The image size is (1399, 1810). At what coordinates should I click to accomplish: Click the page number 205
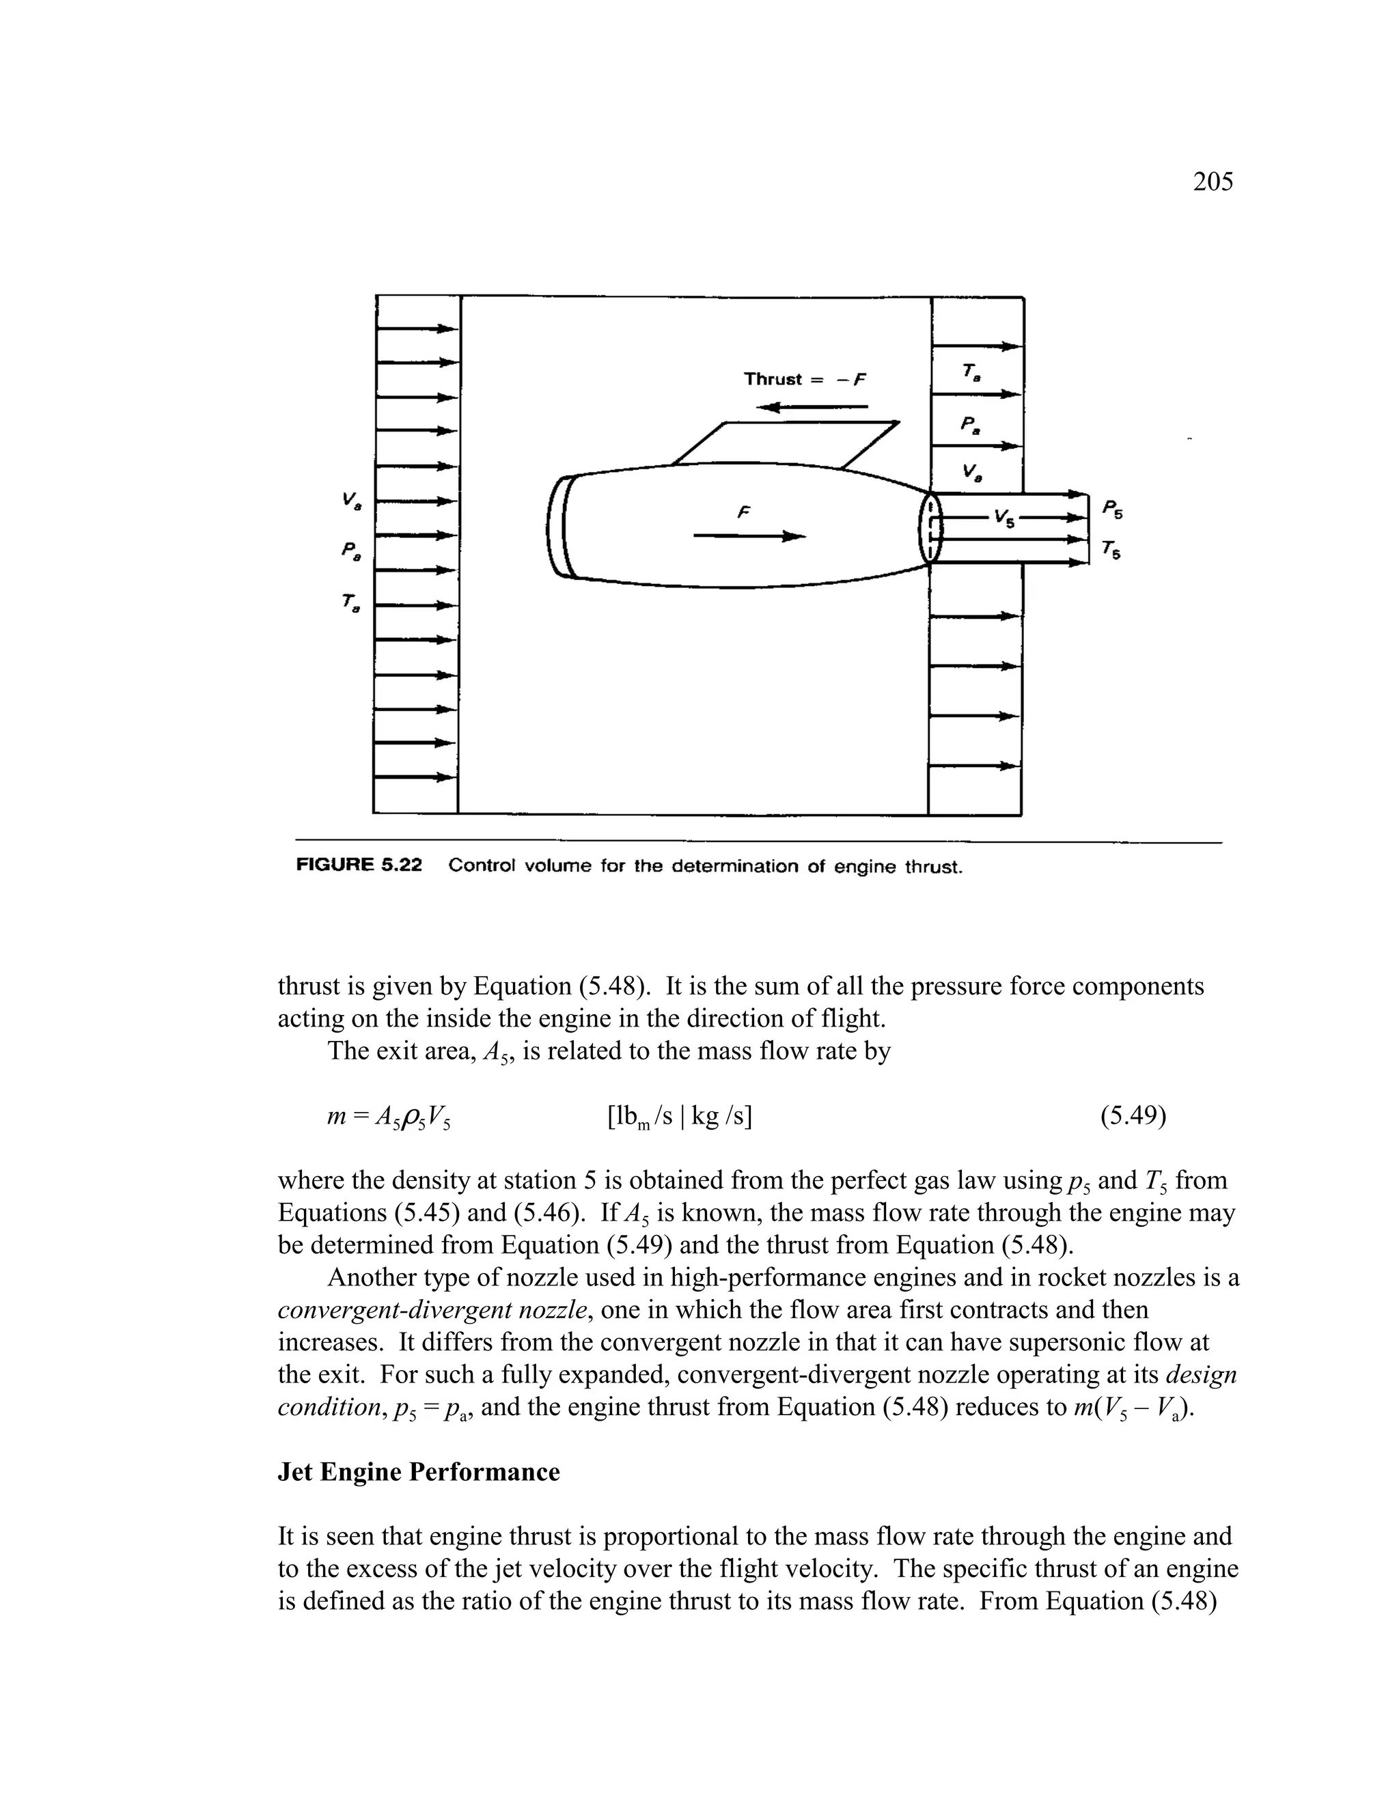pyautogui.click(x=1213, y=182)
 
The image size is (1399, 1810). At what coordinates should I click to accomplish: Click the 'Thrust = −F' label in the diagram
pyautogui.click(x=804, y=380)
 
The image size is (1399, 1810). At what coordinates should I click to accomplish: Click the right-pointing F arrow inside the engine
pyautogui.click(x=749, y=537)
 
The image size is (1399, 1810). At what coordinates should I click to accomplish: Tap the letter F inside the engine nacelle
pyautogui.click(x=743, y=513)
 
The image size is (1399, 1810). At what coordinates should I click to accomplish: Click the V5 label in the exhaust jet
pyautogui.click(x=1004, y=519)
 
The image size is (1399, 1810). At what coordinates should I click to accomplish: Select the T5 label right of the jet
pyautogui.click(x=1112, y=549)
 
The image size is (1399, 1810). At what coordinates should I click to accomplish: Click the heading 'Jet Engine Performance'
pyautogui.click(x=419, y=1472)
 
